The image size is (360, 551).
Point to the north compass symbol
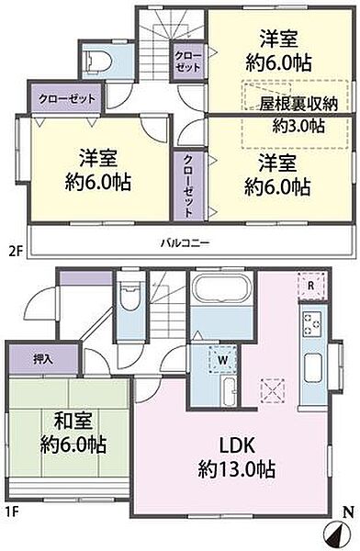(x=338, y=530)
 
